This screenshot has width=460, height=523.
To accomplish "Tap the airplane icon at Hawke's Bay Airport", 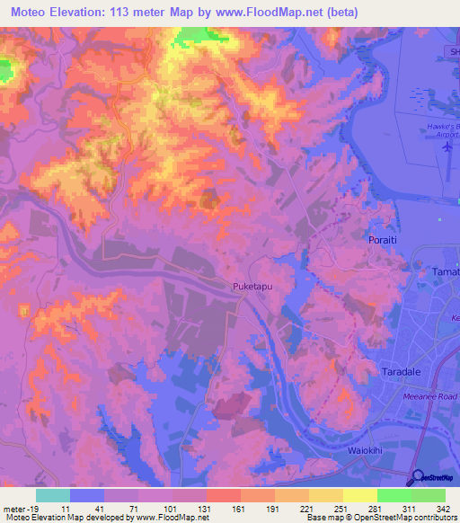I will coord(447,149).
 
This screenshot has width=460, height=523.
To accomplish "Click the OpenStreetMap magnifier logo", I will coord(418,478).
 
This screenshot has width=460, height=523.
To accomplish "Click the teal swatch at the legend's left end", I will coord(53,495).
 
